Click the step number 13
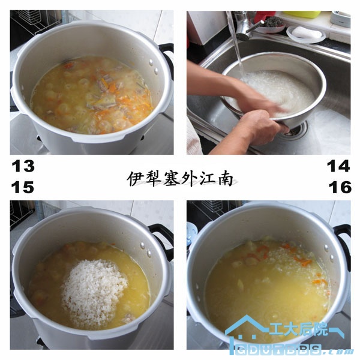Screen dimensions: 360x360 tap(23, 166)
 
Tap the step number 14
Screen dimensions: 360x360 tap(338, 166)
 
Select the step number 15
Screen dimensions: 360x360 tap(23, 187)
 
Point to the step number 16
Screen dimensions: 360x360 tap(340, 187)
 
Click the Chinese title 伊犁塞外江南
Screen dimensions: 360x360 tap(181, 178)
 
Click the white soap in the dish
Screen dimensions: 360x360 tap(307, 32)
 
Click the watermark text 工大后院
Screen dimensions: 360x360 tap(299, 329)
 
